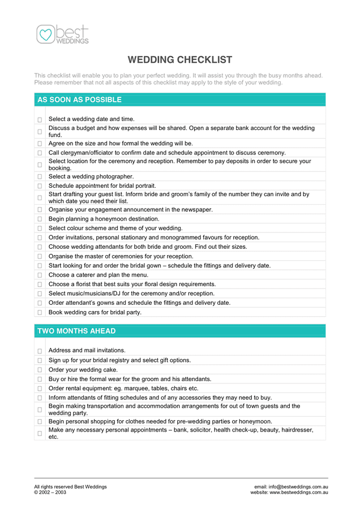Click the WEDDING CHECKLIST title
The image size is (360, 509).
click(x=179, y=60)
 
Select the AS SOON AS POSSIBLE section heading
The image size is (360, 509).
click(x=79, y=100)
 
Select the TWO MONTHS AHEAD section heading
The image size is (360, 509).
click(x=76, y=331)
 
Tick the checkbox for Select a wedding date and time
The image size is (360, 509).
click(x=40, y=120)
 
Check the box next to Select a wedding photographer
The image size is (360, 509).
click(x=40, y=177)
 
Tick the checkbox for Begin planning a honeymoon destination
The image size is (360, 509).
click(x=40, y=219)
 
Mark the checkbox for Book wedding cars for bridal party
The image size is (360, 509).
click(x=40, y=312)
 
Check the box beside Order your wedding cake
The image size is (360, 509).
click(x=40, y=370)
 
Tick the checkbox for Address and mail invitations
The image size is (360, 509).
click(x=40, y=351)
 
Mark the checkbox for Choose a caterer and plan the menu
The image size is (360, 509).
click(x=40, y=275)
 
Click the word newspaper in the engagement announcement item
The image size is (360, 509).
click(x=196, y=210)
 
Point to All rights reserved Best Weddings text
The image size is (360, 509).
click(x=70, y=487)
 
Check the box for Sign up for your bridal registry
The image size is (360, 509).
click(x=40, y=360)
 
